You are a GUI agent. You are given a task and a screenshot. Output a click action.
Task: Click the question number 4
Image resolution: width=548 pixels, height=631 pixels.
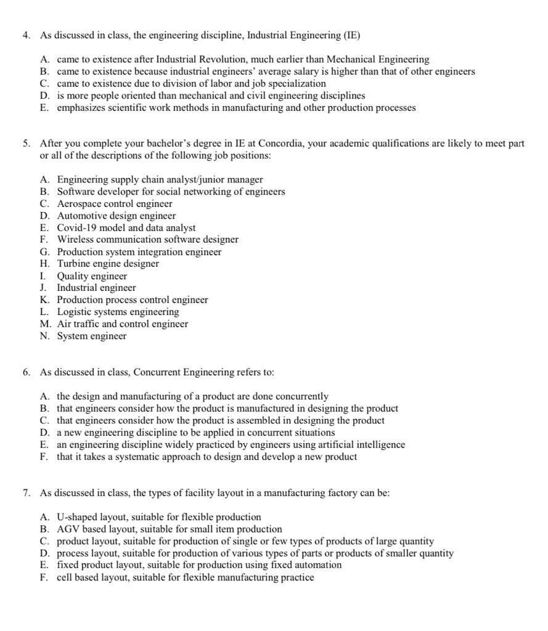(x=26, y=36)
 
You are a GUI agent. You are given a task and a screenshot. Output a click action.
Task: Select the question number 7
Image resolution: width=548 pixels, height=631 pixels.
(x=26, y=493)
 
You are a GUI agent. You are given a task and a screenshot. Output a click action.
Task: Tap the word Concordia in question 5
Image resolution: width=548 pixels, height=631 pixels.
(x=279, y=144)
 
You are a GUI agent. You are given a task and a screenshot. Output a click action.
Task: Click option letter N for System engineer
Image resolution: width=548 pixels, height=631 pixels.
(x=44, y=336)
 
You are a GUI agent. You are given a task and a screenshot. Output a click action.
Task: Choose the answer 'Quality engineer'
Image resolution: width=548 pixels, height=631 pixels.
(x=92, y=276)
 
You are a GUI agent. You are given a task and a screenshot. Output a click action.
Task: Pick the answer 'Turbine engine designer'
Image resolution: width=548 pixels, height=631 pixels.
(x=108, y=264)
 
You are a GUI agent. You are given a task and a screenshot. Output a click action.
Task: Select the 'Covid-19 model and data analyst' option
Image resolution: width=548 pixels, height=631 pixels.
(x=126, y=228)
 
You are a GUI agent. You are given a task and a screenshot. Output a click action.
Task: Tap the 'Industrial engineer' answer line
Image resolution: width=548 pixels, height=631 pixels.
(x=96, y=288)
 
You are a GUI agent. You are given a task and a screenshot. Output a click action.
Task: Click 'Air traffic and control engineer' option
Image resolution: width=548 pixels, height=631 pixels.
(x=123, y=324)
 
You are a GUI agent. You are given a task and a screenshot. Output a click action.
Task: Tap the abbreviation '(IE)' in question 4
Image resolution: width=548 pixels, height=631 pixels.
(x=350, y=36)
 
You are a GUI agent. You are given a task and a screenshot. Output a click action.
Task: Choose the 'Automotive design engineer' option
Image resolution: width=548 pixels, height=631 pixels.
(x=117, y=216)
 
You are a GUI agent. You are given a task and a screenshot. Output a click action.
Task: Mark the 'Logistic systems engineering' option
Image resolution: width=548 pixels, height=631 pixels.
(x=118, y=312)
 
